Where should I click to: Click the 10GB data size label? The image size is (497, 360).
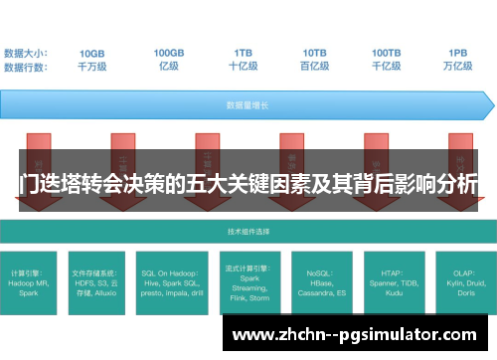pyautogui.click(x=91, y=53)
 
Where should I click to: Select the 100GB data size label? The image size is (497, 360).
pyautogui.click(x=168, y=53)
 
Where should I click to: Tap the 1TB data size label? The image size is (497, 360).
pyautogui.click(x=243, y=53)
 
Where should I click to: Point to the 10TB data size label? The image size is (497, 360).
pyautogui.click(x=315, y=53)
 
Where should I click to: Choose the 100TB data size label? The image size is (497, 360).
pyautogui.click(x=387, y=53)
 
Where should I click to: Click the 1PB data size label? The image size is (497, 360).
pyautogui.click(x=457, y=53)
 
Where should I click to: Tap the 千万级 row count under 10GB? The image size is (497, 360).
pyautogui.click(x=91, y=67)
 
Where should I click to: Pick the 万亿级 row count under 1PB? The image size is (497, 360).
pyautogui.click(x=457, y=67)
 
